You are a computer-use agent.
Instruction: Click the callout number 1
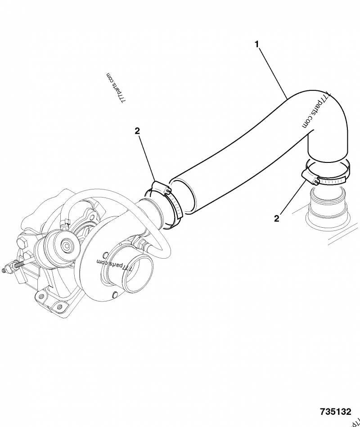tap(257, 44)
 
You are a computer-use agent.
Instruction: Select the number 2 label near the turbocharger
tap(137, 131)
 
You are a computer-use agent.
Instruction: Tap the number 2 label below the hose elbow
tap(276, 218)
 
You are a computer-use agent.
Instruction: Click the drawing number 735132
tap(335, 412)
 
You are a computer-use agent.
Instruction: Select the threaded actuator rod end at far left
tap(8, 270)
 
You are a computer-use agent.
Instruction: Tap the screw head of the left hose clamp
tap(168, 192)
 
